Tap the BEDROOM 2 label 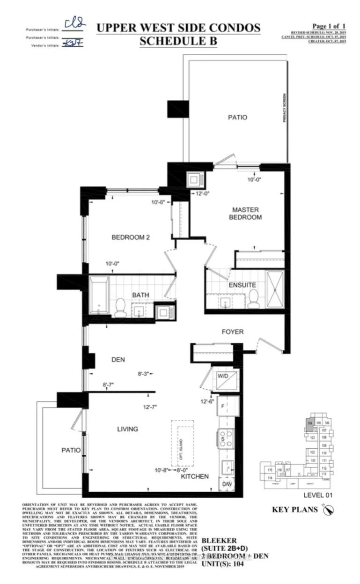tap(130, 237)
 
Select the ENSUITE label tap(242, 285)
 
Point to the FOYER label tap(233, 332)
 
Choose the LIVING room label tap(128, 429)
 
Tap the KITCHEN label tap(195, 476)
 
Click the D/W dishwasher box tap(227, 484)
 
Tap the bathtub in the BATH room tap(99, 295)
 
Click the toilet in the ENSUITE tap(253, 298)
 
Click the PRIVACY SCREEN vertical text tap(284, 108)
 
